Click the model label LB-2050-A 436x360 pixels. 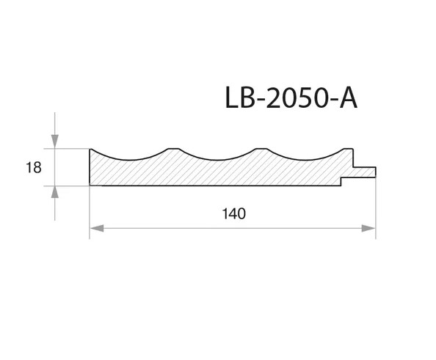(291, 98)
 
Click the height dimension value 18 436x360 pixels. (33, 168)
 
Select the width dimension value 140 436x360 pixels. (234, 214)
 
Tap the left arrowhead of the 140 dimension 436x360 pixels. (97, 228)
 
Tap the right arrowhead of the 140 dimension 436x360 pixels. (368, 228)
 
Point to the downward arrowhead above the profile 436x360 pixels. (55, 142)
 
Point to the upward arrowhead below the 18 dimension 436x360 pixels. (55, 192)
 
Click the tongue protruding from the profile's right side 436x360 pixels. (365, 172)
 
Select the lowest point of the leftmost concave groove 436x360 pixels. (130, 160)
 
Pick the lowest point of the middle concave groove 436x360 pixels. (218, 160)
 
